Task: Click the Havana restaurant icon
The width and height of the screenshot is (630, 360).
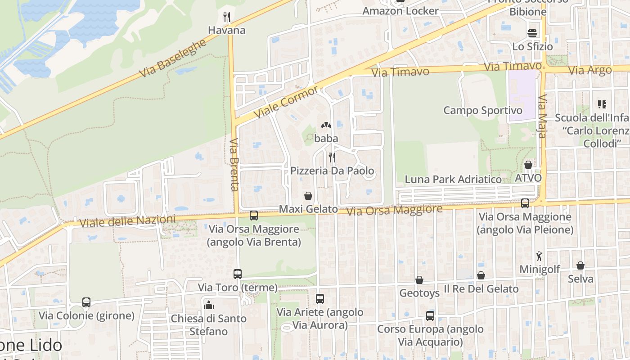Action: click(227, 18)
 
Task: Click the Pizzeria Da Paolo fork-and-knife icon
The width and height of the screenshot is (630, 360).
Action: click(332, 157)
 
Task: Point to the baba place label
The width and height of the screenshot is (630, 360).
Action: click(326, 139)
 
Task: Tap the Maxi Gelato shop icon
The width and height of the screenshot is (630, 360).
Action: click(308, 196)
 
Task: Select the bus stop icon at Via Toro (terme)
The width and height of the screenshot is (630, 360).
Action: click(237, 274)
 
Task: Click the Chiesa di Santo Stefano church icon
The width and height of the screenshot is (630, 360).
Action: click(209, 305)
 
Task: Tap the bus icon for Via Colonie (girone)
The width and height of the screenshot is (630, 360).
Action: click(86, 302)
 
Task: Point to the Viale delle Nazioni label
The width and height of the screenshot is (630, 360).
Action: click(127, 221)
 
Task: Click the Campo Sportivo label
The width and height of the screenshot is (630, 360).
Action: click(483, 110)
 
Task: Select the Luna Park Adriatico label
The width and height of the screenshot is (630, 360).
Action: click(453, 179)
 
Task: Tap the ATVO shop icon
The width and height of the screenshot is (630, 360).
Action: click(528, 165)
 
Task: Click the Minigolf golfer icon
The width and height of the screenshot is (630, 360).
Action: click(539, 256)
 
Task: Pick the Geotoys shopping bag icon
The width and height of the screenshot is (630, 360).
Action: click(419, 280)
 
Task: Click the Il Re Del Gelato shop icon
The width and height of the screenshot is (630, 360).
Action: click(481, 275)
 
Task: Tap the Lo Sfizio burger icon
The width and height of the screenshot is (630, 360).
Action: click(532, 33)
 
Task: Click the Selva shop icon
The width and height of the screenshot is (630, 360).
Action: click(580, 265)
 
